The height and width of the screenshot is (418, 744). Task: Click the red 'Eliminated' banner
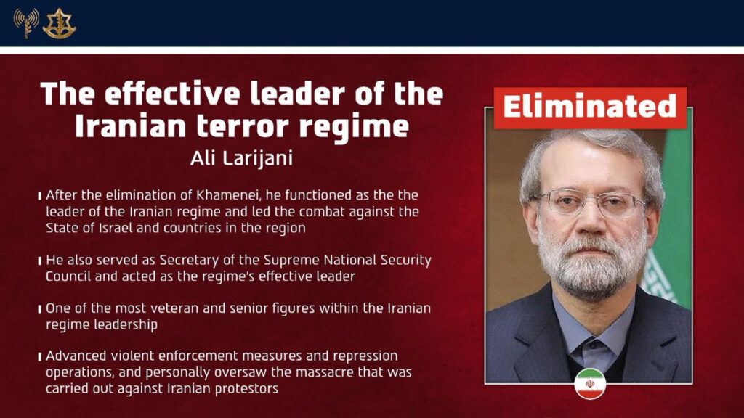(x=589, y=107)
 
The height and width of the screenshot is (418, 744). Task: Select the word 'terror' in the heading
(x=260, y=126)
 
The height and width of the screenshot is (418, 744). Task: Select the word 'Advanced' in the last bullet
(x=76, y=356)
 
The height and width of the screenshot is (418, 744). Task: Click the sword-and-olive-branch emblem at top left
(x=59, y=23)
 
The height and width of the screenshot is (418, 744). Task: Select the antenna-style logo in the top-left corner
(x=26, y=23)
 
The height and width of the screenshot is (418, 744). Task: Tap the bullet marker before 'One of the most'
(x=39, y=309)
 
